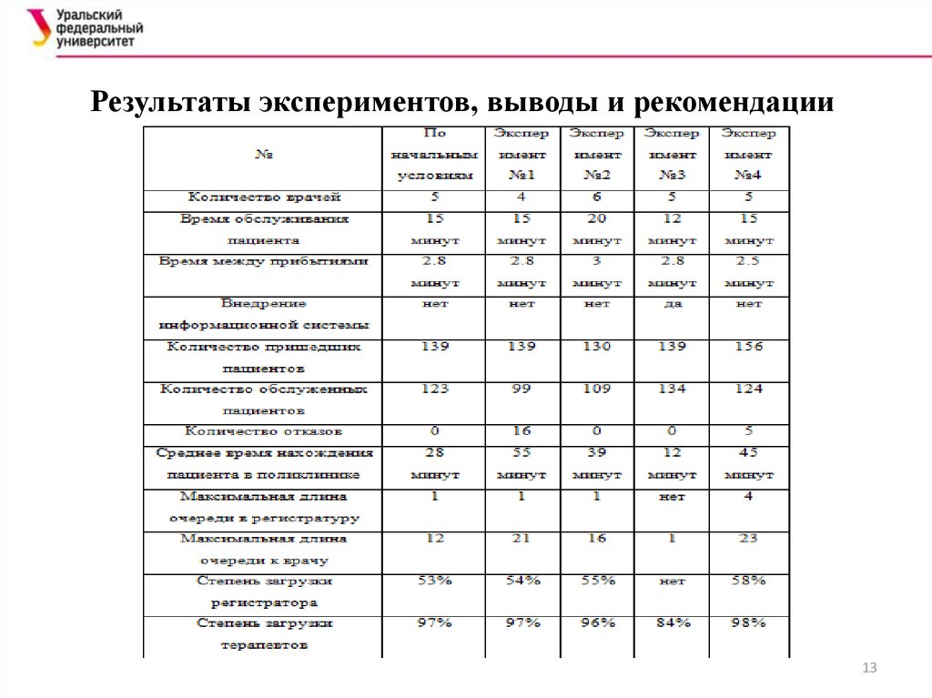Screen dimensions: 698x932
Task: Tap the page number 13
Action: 868,669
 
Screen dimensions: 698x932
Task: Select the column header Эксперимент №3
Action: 672,155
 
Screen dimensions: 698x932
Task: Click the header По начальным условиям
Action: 433,155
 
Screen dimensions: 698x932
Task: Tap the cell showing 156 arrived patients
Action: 749,348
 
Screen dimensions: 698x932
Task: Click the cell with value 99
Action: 522,389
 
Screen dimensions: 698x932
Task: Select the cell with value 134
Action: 672,389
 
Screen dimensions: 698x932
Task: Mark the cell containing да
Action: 672,305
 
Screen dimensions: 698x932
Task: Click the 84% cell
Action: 672,623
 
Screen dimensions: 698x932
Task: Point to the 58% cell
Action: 749,582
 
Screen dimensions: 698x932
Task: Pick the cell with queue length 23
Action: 749,539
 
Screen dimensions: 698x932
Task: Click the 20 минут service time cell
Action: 597,229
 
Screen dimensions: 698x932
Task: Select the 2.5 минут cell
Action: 749,271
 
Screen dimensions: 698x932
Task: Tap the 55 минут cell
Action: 522,463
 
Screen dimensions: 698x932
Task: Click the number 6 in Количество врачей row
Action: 597,197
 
